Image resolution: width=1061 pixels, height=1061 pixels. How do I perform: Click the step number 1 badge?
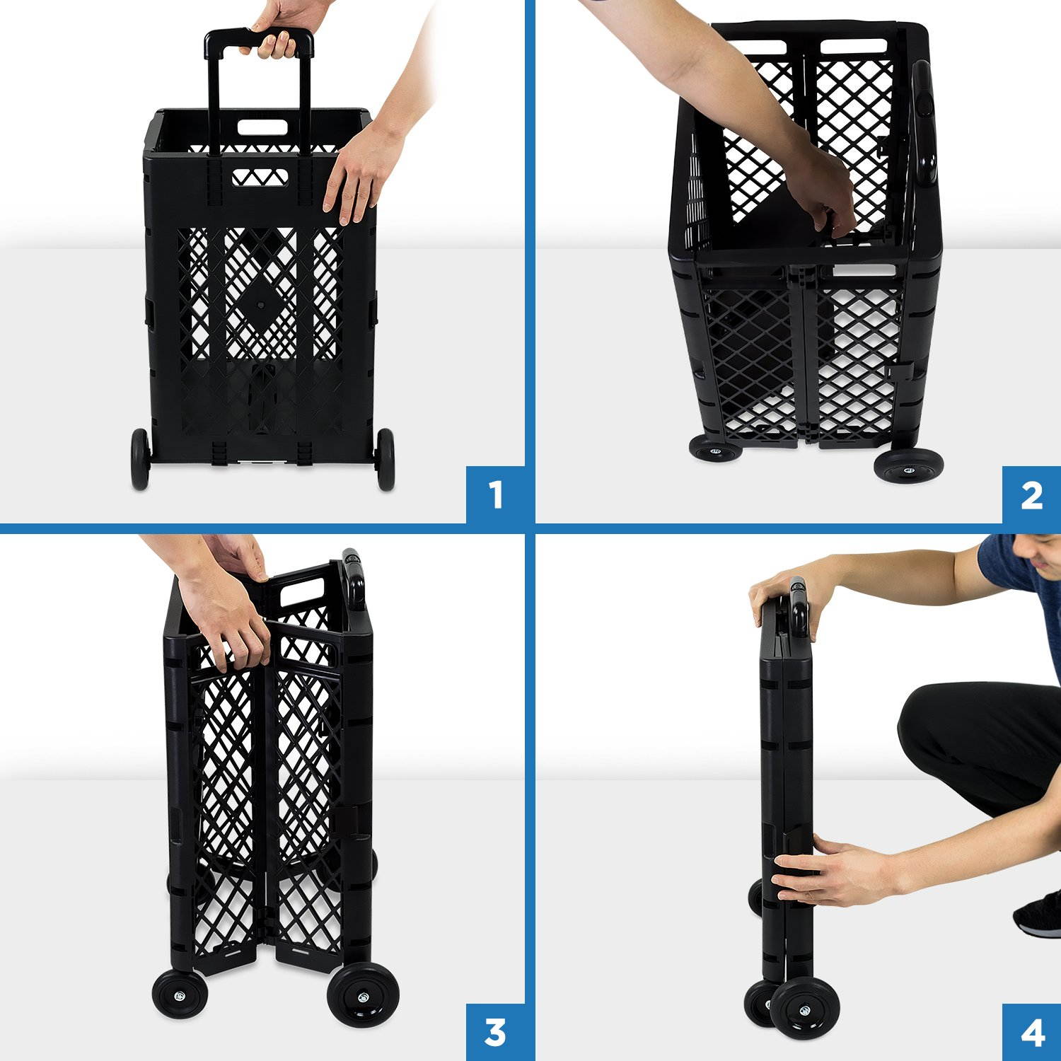(x=496, y=494)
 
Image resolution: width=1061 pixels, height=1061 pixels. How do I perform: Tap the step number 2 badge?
(x=1031, y=494)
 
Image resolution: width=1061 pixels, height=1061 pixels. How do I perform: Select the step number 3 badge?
(x=496, y=1032)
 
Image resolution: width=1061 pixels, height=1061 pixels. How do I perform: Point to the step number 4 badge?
(x=1031, y=1032)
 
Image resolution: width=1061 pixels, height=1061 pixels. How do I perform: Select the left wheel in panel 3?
(x=180, y=994)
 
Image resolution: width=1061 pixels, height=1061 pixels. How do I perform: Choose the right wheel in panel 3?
(x=363, y=997)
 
